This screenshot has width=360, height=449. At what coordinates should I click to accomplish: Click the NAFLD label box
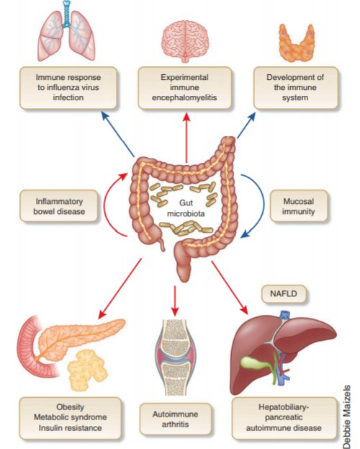coord(284,294)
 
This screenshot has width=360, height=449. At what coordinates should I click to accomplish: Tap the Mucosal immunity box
coord(299,206)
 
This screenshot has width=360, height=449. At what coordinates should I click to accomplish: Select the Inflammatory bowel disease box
coord(59,206)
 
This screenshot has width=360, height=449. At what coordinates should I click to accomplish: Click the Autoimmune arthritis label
coord(176,419)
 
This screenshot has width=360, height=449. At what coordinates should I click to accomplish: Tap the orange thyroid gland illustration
coord(297,43)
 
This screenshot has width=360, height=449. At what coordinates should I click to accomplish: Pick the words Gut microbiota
coord(186,208)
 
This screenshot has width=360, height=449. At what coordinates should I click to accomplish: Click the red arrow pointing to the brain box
coord(186,138)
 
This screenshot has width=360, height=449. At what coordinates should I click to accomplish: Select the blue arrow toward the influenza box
coord(118,134)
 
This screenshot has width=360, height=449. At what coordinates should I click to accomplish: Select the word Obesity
coord(70,407)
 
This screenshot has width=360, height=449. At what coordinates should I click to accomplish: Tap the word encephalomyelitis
coord(184,97)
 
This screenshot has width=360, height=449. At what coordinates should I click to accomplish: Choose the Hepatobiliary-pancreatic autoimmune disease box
coord(284,418)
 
